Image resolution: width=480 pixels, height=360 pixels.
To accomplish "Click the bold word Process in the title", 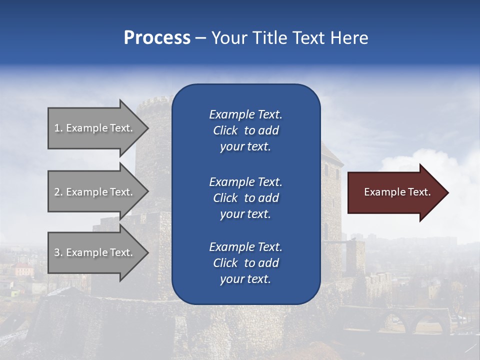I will click(157, 38).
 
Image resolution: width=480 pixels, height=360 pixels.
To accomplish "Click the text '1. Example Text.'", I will click(93, 128).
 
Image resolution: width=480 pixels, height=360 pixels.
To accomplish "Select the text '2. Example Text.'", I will click(93, 192).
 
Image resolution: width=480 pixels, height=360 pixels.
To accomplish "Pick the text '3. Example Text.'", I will click(93, 252).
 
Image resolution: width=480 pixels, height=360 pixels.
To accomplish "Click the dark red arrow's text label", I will click(397, 192).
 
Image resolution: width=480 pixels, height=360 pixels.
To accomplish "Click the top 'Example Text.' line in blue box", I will click(245, 114).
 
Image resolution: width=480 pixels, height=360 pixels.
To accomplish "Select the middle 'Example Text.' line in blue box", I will click(245, 181).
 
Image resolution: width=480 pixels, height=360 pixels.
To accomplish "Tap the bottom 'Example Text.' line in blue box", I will click(245, 247).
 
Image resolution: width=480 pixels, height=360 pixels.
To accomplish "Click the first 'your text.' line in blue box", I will click(245, 147).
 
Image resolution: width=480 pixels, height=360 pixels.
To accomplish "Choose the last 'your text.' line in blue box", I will click(245, 279).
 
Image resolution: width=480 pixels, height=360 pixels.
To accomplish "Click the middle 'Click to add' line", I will click(245, 198).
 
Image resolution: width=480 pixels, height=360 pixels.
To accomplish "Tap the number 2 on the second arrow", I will click(57, 192).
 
